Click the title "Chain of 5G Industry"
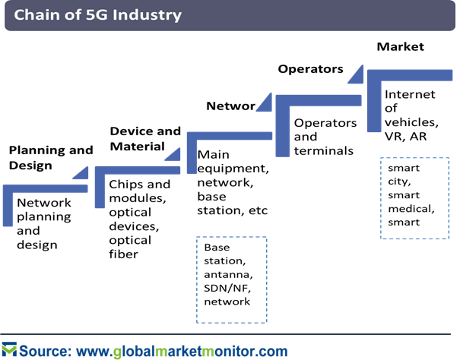[97, 14]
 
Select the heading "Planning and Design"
[51, 157]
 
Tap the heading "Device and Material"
[145, 138]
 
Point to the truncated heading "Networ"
[230, 106]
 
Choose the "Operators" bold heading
[310, 69]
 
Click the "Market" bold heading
[401, 46]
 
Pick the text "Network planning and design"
[44, 224]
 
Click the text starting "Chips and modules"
[139, 219]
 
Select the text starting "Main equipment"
[233, 182]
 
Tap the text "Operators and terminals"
[325, 137]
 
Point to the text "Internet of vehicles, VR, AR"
[411, 115]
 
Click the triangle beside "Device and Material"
[175, 156]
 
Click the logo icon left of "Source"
[9, 349]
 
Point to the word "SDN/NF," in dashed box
[227, 288]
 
